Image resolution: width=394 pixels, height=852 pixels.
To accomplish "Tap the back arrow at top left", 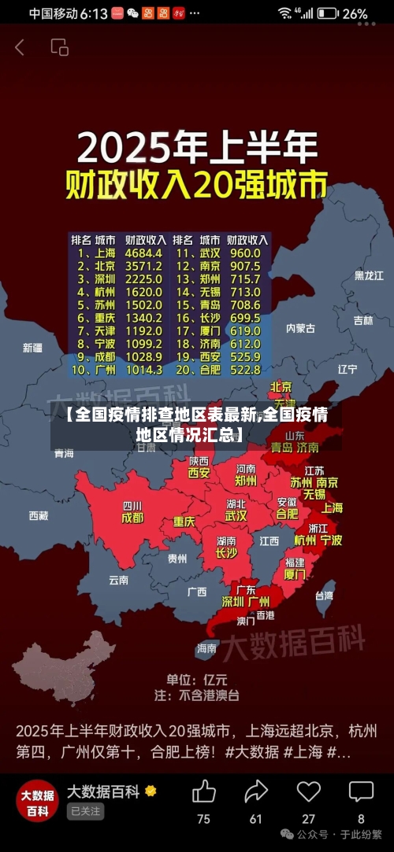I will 20,47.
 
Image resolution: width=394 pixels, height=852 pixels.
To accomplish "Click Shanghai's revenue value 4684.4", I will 143,253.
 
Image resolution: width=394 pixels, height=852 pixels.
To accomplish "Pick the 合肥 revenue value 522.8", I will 244,369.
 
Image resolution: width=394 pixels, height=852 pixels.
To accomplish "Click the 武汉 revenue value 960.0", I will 244,253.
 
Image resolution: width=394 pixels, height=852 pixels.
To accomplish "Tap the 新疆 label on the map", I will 32,348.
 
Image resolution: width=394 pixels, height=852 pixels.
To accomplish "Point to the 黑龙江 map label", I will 369,275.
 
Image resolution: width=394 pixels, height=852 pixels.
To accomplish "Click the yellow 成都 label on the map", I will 132,518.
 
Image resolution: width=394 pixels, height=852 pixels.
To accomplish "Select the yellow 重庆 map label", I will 184,522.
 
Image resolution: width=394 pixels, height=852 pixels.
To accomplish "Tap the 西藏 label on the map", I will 38,516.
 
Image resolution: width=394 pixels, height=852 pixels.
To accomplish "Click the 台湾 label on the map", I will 324,596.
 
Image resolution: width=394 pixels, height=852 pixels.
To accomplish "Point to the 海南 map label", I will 206,648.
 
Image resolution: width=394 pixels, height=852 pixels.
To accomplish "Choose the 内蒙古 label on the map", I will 300,328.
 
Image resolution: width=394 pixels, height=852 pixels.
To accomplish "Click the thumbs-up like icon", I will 203,791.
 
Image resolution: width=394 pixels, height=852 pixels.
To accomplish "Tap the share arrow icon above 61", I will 256,791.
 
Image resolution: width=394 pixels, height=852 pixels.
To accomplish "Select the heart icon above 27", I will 308,791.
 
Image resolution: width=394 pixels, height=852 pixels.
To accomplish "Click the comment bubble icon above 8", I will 361,791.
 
